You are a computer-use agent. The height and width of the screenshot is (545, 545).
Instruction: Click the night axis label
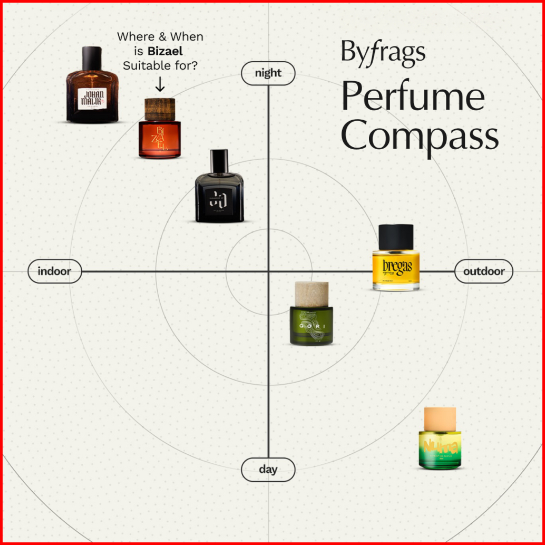268,73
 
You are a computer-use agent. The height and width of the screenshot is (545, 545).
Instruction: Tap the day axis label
268,469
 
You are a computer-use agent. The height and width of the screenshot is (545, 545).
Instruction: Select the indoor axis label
54,271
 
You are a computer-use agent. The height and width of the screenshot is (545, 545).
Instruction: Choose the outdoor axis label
483,271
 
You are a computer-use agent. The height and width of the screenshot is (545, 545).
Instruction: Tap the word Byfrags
383,52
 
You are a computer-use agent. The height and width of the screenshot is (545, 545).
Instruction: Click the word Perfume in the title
412,98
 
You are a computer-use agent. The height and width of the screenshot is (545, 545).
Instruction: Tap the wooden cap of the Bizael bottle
159,109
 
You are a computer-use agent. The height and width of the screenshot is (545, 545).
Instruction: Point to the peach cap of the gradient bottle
440,418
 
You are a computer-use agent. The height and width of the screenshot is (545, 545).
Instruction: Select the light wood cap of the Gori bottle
311,294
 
